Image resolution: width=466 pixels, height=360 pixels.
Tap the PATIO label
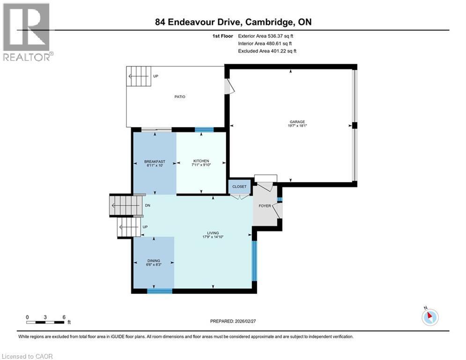click(180, 97)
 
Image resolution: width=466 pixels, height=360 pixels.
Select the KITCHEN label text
click(201, 161)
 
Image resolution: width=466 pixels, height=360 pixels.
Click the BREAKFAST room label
click(155, 162)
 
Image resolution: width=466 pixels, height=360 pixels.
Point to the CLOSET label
click(239, 187)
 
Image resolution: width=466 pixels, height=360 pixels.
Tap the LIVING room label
click(214, 233)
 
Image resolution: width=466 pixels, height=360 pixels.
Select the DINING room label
click(154, 261)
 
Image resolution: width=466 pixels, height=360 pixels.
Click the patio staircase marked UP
click(140, 76)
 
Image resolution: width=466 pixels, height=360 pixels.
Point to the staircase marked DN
click(126, 205)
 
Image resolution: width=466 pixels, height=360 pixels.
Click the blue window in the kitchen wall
click(204, 130)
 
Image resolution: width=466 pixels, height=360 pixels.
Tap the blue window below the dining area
click(159, 291)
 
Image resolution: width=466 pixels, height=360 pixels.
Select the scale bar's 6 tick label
click(63, 317)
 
